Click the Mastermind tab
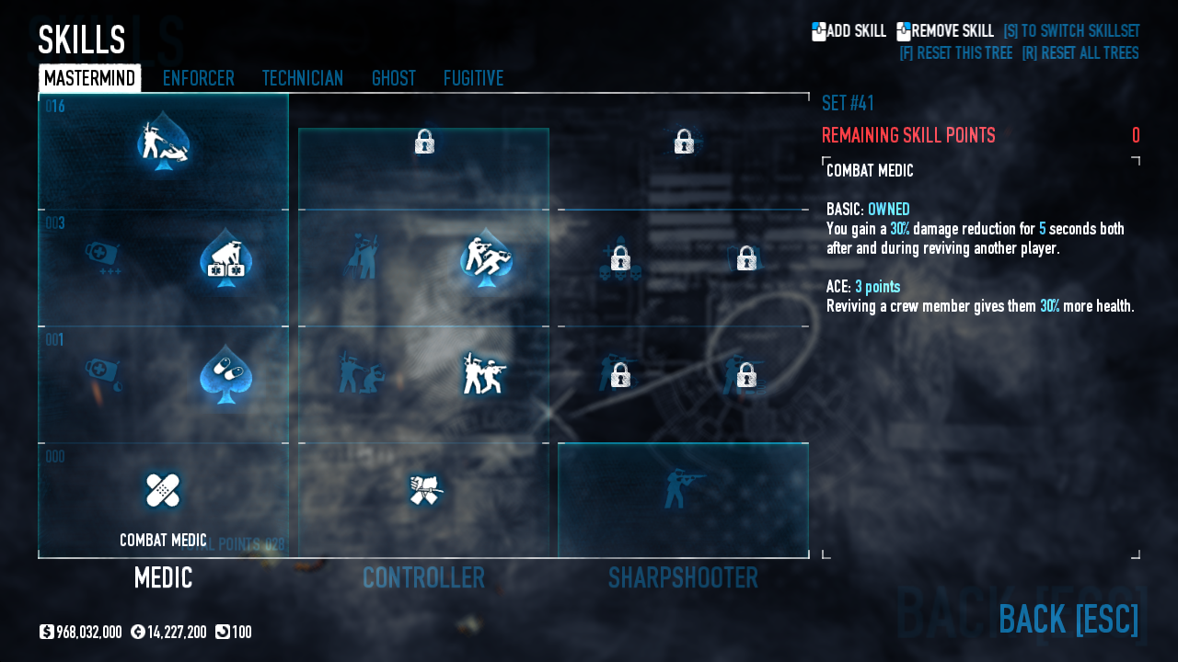click(x=89, y=78)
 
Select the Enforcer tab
click(x=198, y=78)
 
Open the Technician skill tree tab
click(x=302, y=78)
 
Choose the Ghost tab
click(x=393, y=78)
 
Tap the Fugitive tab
click(x=473, y=78)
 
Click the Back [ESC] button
click(x=1068, y=619)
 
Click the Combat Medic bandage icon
click(x=163, y=490)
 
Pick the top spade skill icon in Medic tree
click(x=163, y=143)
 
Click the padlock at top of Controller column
click(x=424, y=142)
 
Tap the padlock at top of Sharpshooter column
click(x=683, y=142)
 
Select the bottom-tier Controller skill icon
click(x=424, y=490)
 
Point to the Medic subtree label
click(x=163, y=577)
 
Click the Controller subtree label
click(x=423, y=577)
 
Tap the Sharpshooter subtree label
click(x=683, y=577)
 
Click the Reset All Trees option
click(x=1080, y=53)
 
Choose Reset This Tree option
click(x=955, y=53)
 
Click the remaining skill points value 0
click(x=1136, y=136)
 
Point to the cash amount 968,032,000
click(x=88, y=632)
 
